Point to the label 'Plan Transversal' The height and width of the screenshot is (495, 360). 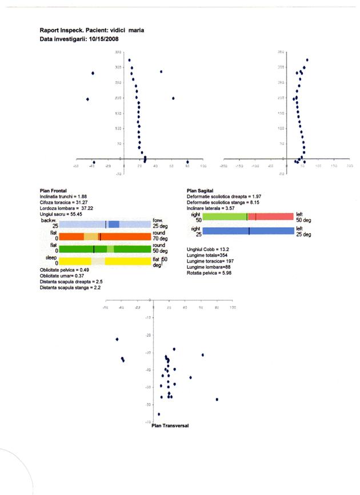click(x=170, y=425)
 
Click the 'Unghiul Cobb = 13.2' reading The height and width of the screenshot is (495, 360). click(x=208, y=249)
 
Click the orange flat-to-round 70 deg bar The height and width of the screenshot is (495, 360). click(x=105, y=236)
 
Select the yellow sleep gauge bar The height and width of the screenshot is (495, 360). click(x=105, y=261)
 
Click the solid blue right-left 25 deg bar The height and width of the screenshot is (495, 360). click(x=248, y=231)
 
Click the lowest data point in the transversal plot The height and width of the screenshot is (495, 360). click(x=159, y=414)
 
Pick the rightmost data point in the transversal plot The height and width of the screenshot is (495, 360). click(x=217, y=399)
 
